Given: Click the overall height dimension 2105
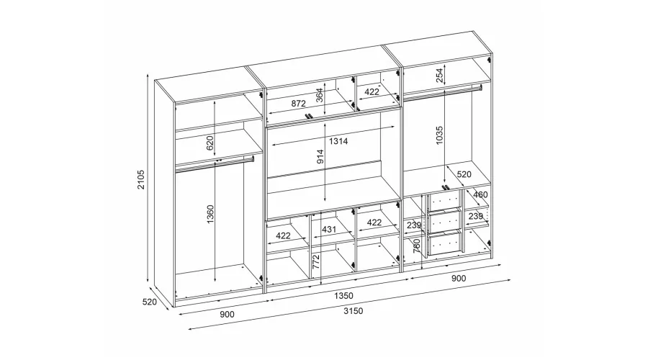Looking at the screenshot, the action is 141,179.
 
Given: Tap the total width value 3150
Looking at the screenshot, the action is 353,311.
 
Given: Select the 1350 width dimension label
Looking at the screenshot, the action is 343,295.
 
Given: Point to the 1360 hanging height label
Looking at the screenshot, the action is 210,214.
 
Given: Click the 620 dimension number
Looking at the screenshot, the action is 210,143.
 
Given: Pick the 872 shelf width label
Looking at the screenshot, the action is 298,104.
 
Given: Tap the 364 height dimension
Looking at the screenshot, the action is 320,96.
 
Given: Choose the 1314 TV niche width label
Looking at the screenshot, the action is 338,141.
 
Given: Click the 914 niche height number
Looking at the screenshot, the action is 320,157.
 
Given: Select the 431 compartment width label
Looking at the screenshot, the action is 329,230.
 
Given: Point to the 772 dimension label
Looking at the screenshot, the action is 316,263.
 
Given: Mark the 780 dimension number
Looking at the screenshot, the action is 417,246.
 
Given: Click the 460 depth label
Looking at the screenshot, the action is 480,194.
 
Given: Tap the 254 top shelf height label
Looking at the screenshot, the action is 440,75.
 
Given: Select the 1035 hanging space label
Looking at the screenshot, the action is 439,135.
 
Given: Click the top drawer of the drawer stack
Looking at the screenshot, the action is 445,201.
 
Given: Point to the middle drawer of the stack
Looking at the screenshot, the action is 445,222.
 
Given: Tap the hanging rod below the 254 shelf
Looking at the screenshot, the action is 443,91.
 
